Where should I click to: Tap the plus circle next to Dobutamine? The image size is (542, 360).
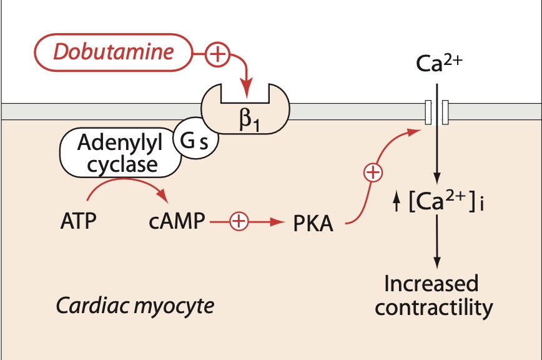coord(217,55)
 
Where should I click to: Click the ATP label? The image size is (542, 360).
coord(78,222)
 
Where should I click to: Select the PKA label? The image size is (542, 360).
coord(313,223)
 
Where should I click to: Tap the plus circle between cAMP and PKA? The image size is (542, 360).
coord(239,221)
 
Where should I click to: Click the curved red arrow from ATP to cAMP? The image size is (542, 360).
coord(128,182)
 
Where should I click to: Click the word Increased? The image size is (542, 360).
coord(431,284)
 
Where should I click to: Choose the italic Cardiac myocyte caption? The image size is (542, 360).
coord(135,306)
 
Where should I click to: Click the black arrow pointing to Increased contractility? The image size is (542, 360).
coord(437,250)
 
